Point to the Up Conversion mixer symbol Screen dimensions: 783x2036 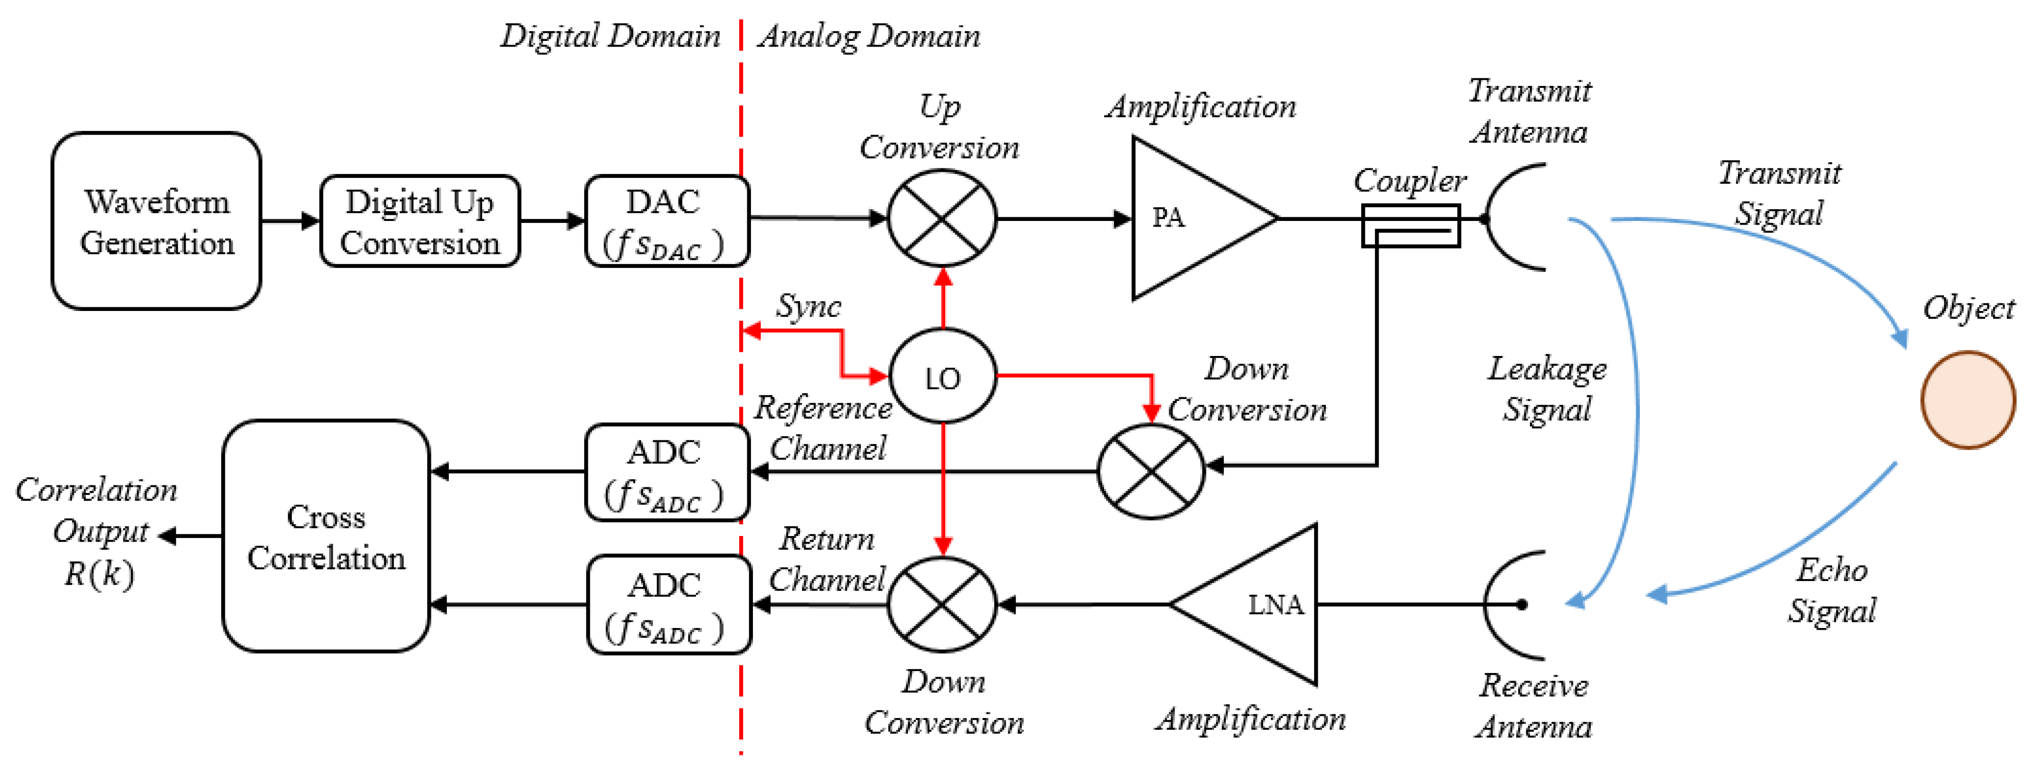click(x=942, y=218)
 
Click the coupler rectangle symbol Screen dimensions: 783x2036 click(x=1410, y=226)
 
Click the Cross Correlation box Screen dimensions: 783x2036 click(x=326, y=536)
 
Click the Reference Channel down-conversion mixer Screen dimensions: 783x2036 click(x=1151, y=472)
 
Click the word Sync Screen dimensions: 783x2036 click(x=808, y=306)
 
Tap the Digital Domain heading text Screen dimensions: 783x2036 click(x=610, y=36)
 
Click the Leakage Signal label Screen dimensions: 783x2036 click(x=1547, y=389)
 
